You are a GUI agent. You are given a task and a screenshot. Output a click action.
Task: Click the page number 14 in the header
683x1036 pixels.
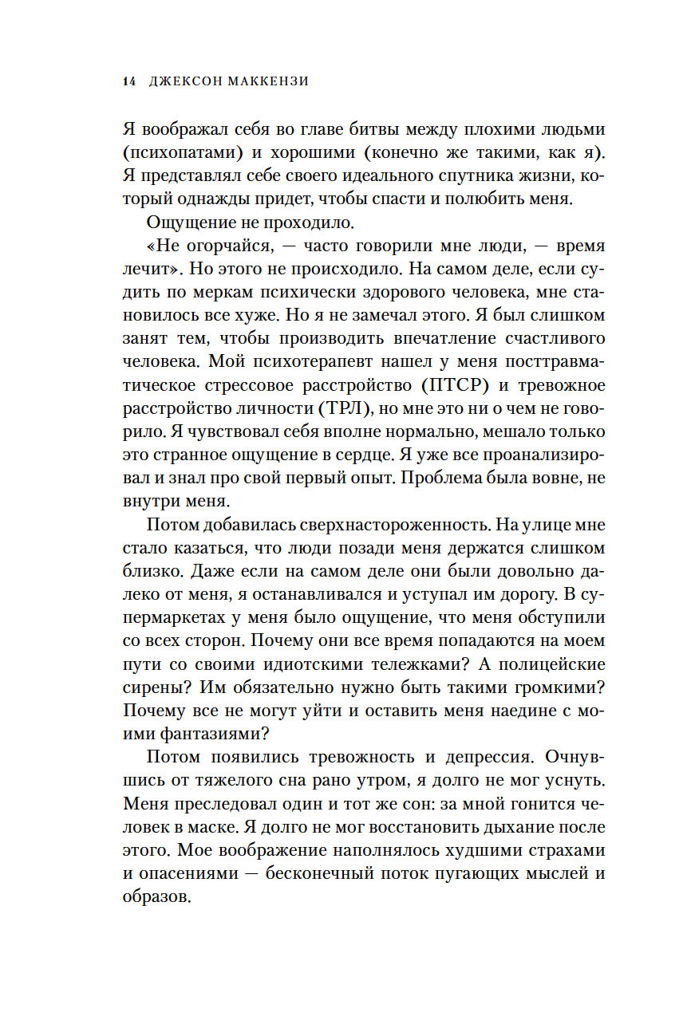(x=129, y=81)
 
